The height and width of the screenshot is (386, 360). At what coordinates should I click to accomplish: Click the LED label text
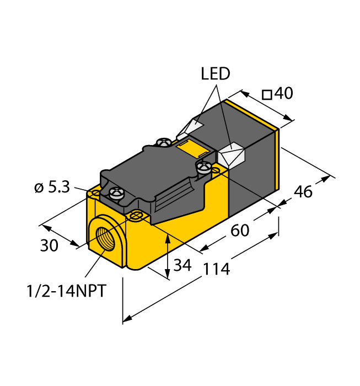(216, 74)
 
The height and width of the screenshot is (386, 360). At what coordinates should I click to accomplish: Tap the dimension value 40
(283, 94)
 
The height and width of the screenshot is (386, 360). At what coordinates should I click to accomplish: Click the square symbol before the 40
(267, 95)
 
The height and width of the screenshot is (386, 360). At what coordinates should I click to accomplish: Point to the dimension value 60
(240, 230)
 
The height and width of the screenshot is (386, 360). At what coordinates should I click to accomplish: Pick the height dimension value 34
(182, 265)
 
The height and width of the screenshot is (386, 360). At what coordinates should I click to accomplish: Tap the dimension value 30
(49, 246)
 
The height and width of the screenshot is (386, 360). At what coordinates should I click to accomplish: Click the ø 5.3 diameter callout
(52, 187)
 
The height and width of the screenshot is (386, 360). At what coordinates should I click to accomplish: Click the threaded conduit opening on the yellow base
(104, 237)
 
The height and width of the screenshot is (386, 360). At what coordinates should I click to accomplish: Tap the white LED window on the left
(189, 128)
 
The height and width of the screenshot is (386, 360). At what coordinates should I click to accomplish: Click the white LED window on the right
(231, 154)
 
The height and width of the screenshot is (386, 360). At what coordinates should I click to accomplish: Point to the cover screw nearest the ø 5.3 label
(116, 192)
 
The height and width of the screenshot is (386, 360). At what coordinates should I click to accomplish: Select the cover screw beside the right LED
(203, 165)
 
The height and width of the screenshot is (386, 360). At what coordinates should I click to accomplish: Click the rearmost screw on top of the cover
(163, 143)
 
